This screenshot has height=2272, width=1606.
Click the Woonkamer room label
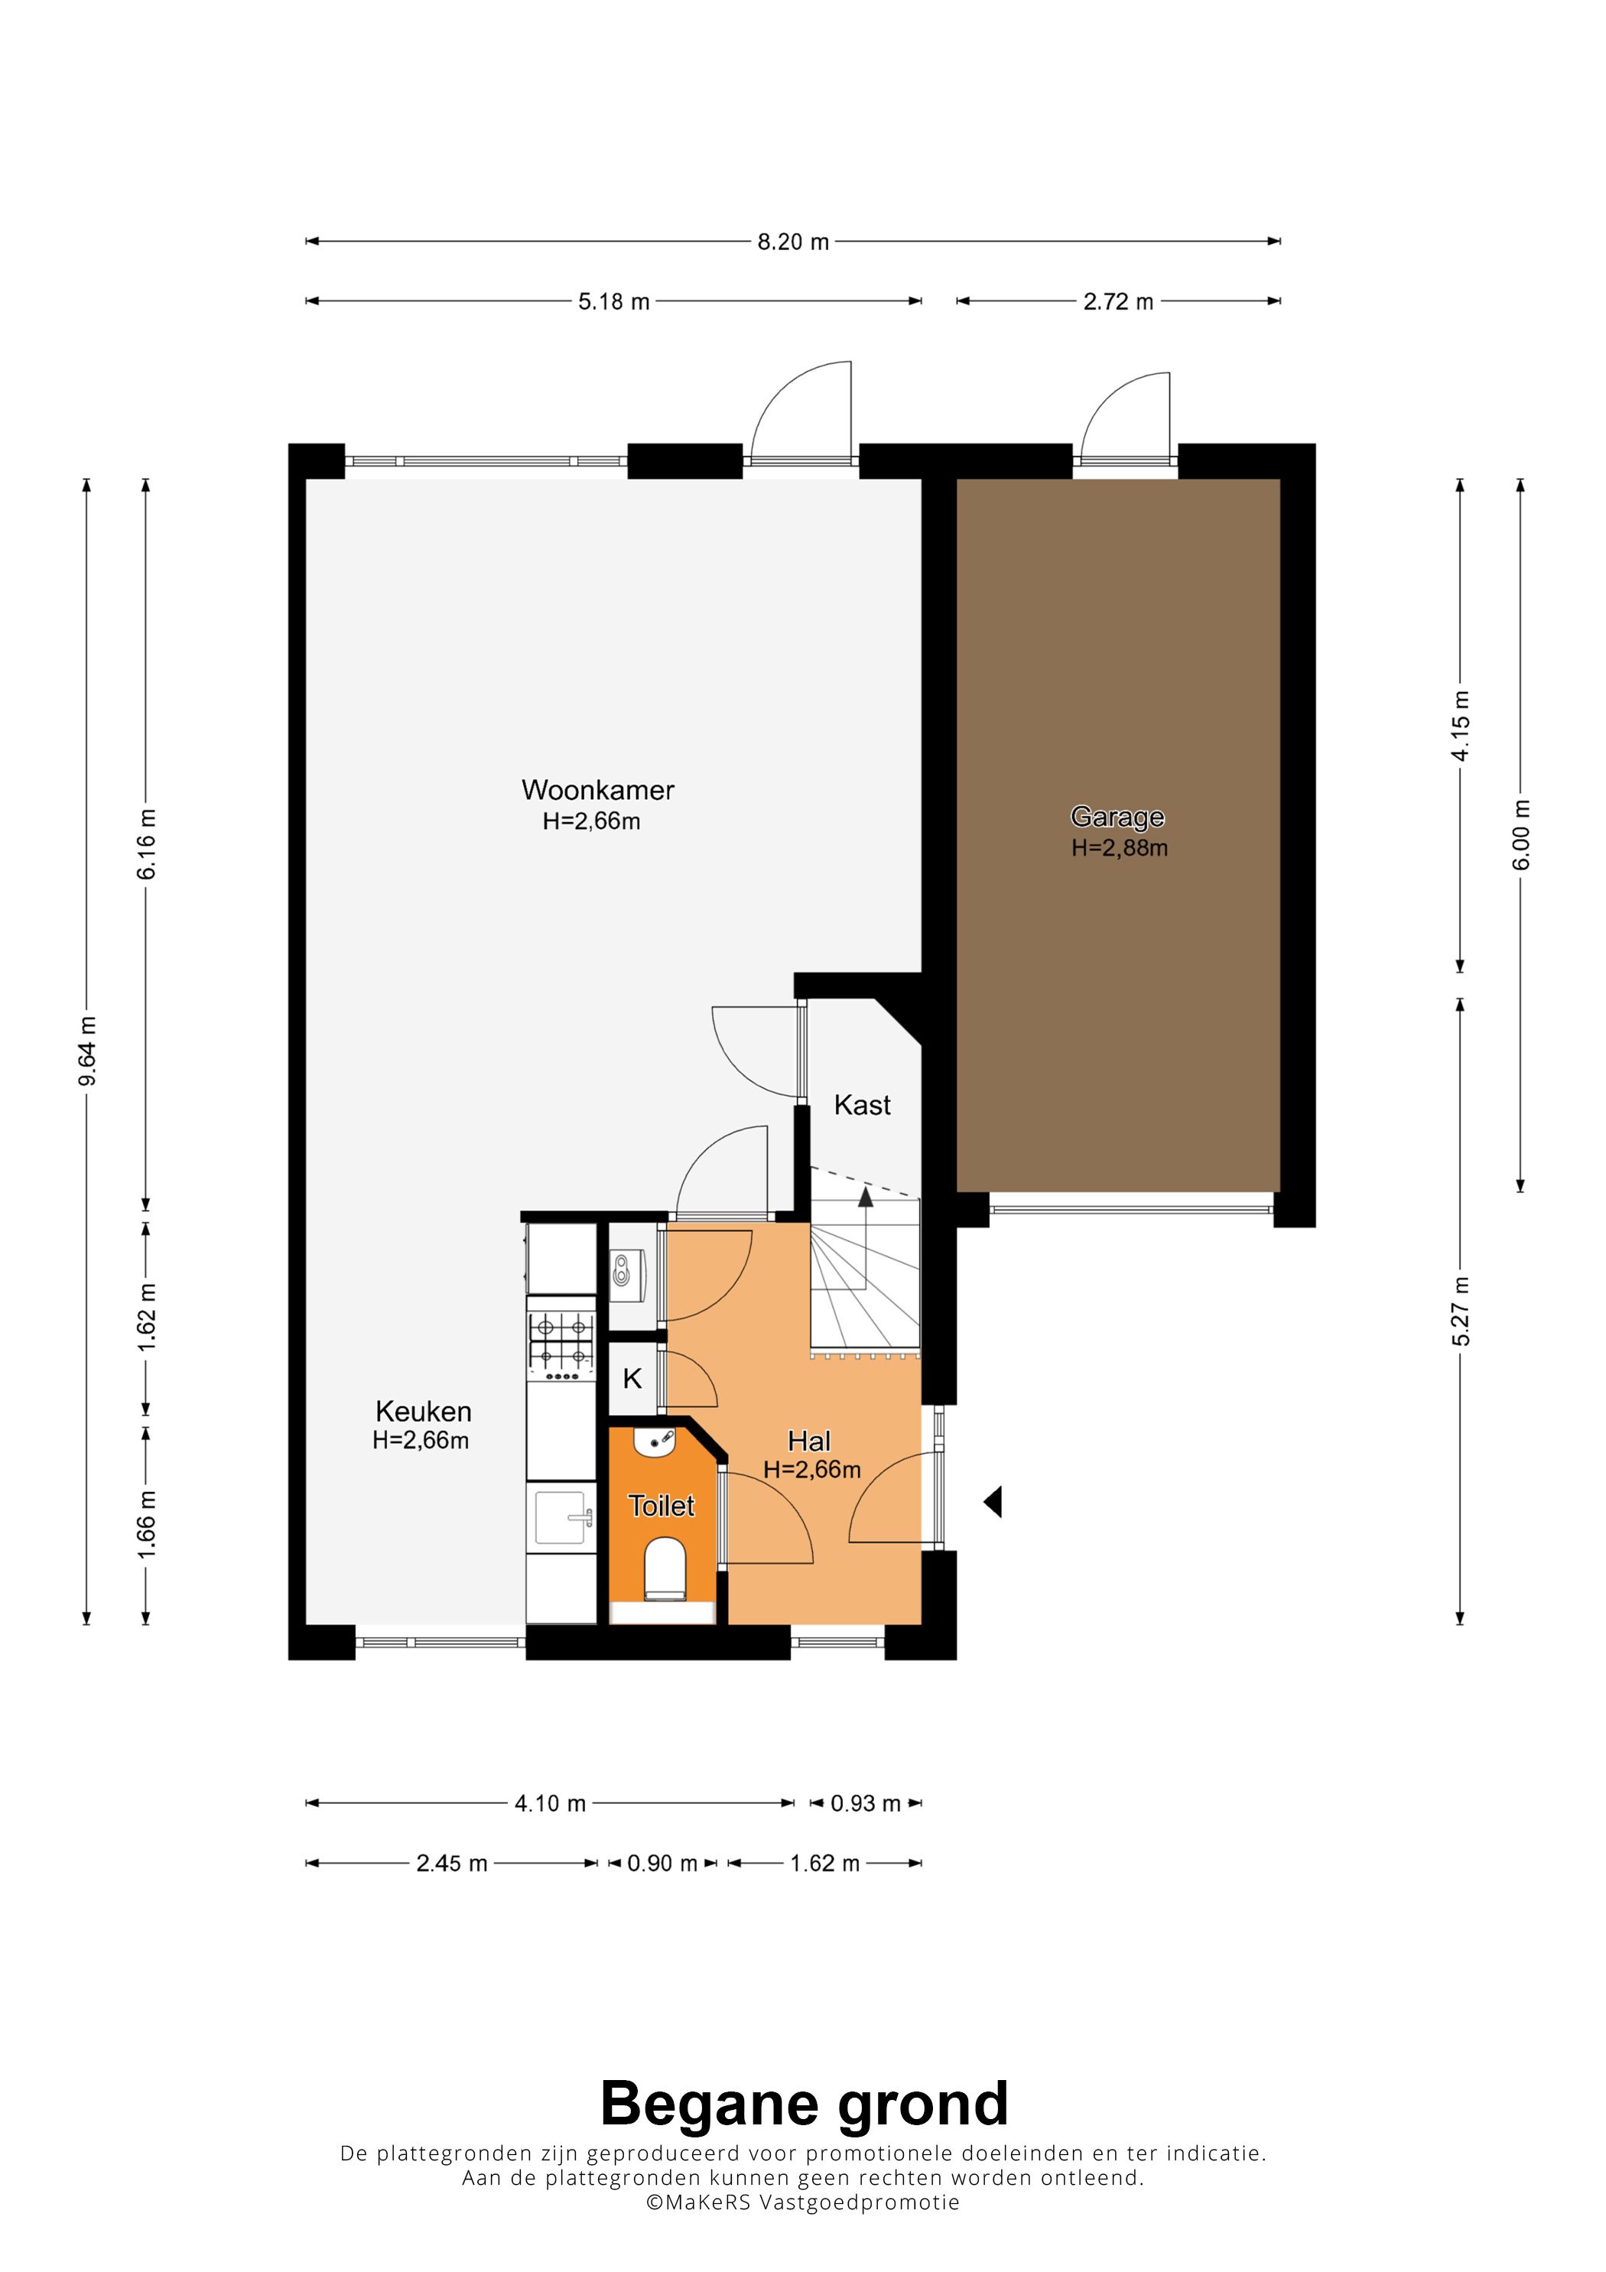tap(598, 790)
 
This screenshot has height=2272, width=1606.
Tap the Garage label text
tap(1117, 817)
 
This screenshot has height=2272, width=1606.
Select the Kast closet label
tap(862, 1105)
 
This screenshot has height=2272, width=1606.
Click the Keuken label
tap(424, 1411)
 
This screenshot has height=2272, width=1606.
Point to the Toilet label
tap(662, 1506)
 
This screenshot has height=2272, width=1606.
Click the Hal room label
tap(809, 1441)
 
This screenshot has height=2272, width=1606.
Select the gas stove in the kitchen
tap(562, 1346)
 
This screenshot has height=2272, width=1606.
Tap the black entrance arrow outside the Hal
tap(993, 1502)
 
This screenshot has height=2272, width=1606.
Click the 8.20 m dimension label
tap(792, 242)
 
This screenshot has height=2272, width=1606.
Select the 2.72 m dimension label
tap(1118, 302)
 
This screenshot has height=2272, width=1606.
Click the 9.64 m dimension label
tap(87, 1050)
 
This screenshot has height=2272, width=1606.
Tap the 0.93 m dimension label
tap(866, 1803)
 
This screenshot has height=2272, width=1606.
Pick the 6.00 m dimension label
tap(1522, 835)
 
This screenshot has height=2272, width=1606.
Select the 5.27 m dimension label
tap(1461, 1312)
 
